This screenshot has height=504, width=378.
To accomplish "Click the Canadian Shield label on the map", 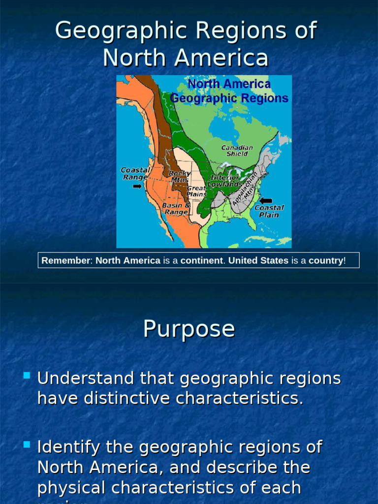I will click(x=237, y=151).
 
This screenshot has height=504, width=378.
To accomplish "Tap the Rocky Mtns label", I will click(x=179, y=177).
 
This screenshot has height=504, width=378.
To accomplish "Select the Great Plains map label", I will click(x=196, y=191).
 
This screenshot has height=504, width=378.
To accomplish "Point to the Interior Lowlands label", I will click(x=225, y=181).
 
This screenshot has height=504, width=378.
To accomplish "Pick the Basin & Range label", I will click(x=176, y=208).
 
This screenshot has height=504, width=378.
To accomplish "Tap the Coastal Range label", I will click(x=135, y=173).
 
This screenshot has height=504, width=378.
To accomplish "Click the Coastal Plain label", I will click(x=269, y=211).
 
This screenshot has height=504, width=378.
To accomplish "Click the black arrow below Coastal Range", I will click(x=137, y=186).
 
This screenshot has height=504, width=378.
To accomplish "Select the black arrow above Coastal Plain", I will click(x=266, y=200).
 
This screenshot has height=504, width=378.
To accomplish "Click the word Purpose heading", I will click(x=189, y=329).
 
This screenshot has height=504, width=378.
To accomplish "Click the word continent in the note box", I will click(x=202, y=260).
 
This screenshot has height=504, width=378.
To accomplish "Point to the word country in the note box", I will click(x=326, y=260).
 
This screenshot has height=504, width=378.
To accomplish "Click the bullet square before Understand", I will click(x=27, y=377).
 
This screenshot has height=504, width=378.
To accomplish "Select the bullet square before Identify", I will click(x=27, y=445).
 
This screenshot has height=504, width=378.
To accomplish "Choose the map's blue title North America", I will click(x=229, y=84).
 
